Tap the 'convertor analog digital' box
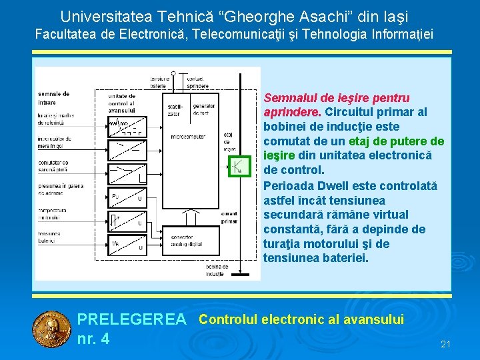[182, 240]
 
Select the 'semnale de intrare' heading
[55, 97]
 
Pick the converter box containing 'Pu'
[127, 198]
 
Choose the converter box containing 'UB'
[127, 246]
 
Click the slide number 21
[446, 344]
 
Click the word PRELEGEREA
[132, 320]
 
